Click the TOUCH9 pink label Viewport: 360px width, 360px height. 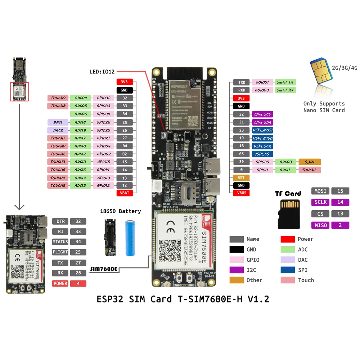click(58, 98)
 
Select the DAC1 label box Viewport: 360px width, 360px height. click(58, 122)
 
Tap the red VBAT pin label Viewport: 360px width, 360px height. click(125, 193)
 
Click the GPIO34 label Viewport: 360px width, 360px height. click(103, 114)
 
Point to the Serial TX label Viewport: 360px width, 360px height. click(285, 82)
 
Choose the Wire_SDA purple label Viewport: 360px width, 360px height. click(262, 122)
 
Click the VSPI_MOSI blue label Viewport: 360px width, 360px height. click(262, 130)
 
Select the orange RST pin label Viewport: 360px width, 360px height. click(241, 177)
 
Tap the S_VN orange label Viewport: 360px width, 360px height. click(309, 162)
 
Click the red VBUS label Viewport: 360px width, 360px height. click(241, 193)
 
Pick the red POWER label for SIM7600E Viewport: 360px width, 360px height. click(60, 283)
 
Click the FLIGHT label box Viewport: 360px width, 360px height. click(60, 252)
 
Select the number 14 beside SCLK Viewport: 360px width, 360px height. click(340, 202)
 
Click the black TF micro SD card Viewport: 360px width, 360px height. click(288, 215)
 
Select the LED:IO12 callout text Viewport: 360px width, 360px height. click(102, 72)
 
